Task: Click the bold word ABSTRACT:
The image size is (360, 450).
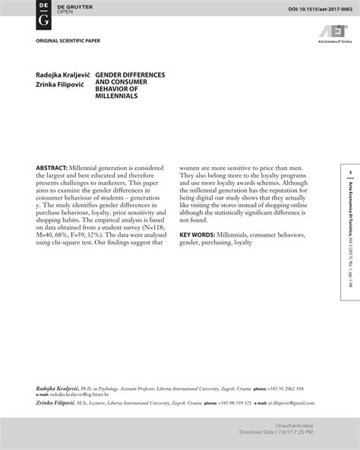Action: tap(52, 167)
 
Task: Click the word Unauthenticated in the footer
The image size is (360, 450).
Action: tap(296, 426)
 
